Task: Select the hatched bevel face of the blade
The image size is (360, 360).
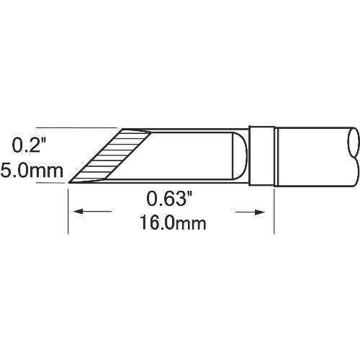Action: tap(108, 157)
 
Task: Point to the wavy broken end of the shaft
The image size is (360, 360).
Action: tap(353, 156)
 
